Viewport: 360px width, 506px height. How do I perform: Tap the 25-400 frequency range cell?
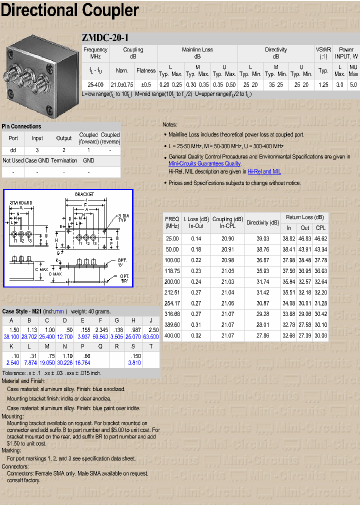pos(95,85)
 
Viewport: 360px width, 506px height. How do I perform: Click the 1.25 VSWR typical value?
pos(323,85)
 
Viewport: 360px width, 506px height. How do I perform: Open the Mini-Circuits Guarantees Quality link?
pos(204,163)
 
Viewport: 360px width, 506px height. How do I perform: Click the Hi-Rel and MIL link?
pos(264,171)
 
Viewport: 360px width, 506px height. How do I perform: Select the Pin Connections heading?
pos(21,126)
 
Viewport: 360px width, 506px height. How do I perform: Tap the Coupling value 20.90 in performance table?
pos(227,239)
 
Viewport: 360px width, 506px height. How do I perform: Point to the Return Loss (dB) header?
pos(304,217)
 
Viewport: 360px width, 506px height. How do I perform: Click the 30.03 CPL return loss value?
pos(320,336)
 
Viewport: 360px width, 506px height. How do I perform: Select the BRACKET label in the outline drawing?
pos(84,194)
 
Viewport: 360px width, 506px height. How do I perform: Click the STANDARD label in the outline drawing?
pos(21,202)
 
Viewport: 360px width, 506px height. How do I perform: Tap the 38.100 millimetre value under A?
pos(11,337)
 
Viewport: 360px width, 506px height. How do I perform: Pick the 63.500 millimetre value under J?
pos(150,337)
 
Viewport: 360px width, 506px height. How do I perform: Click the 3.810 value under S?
pos(134,362)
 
